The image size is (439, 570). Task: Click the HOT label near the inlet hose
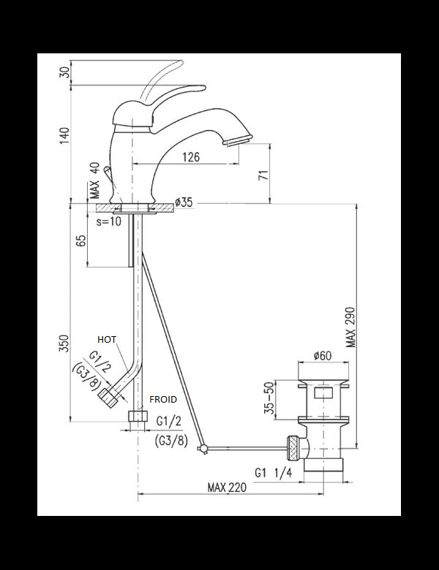tap(107, 340)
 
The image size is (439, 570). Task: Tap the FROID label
tap(162, 400)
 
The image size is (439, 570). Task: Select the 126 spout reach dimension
tap(192, 156)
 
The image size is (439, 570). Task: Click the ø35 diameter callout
tap(184, 202)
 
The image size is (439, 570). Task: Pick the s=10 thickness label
tap(110, 221)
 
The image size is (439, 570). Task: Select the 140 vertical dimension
tap(64, 135)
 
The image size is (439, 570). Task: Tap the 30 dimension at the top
tap(64, 72)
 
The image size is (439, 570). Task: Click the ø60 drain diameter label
tap(323, 356)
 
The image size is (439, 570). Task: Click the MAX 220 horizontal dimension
tap(226, 487)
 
